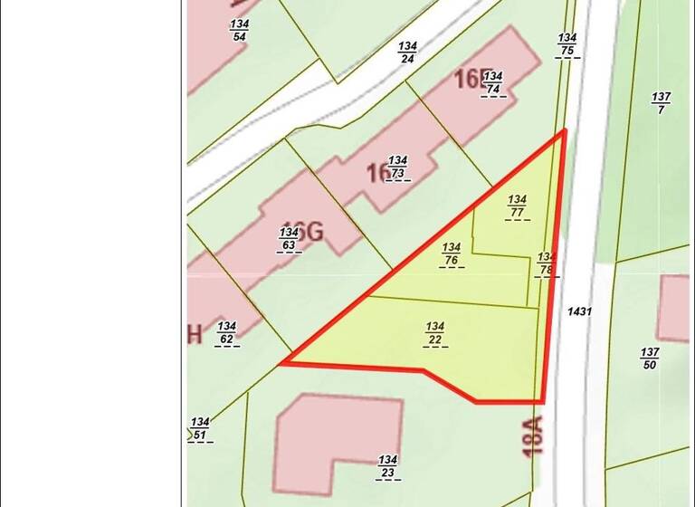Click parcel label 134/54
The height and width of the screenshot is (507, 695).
click(240, 30)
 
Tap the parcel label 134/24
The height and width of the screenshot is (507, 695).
click(407, 53)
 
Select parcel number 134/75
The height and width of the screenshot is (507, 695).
click(567, 44)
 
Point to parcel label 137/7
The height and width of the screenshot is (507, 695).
click(661, 102)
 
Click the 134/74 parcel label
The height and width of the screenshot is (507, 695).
click(493, 82)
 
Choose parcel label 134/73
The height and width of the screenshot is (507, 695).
click(397, 167)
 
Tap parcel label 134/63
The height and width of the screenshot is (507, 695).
click(289, 239)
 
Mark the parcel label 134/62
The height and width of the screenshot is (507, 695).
click(226, 333)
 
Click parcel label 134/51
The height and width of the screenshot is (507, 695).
click(200, 428)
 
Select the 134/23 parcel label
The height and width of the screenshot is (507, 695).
click(388, 465)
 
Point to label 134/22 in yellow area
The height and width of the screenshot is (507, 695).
click(435, 333)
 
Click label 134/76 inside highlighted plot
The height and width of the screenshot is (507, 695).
click(452, 253)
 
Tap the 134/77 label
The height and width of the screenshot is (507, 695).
click(517, 206)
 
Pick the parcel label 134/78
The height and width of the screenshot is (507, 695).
click(546, 263)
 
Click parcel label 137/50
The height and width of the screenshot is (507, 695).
click(649, 358)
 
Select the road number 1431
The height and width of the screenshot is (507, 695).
click(579, 311)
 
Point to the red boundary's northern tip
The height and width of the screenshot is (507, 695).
click(565, 130)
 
